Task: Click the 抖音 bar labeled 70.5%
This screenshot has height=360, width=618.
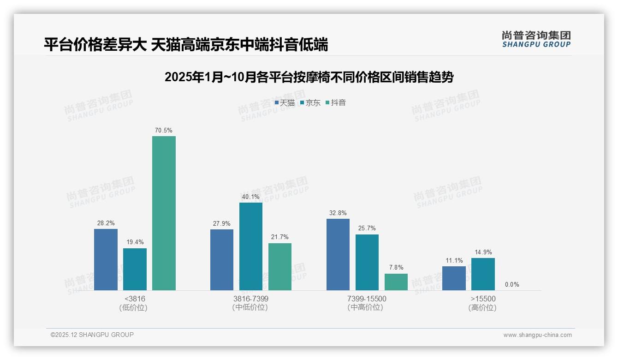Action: [x=164, y=213]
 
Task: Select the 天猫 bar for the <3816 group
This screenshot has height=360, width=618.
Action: [x=106, y=259]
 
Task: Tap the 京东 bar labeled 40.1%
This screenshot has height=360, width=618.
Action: [x=251, y=246]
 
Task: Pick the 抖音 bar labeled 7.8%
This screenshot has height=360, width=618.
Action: [x=396, y=282]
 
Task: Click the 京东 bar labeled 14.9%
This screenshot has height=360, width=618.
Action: [x=483, y=274]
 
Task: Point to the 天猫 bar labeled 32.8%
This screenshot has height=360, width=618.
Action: [x=338, y=254]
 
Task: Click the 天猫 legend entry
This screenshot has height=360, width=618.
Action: [x=285, y=103]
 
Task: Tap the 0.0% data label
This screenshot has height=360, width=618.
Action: [x=512, y=285]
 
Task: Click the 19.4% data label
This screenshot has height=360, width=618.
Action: [x=135, y=242]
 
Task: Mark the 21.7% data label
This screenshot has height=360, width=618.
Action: [x=280, y=237]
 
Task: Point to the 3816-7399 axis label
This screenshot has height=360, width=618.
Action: [x=251, y=299]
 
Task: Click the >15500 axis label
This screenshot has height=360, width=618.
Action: [x=483, y=299]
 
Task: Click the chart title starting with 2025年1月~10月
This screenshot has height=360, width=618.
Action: [x=309, y=77]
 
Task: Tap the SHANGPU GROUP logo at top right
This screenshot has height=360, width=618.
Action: [x=536, y=39]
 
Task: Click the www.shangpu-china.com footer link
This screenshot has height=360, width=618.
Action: [x=537, y=335]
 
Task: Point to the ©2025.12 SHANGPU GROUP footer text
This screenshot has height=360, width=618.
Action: [x=92, y=335]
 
